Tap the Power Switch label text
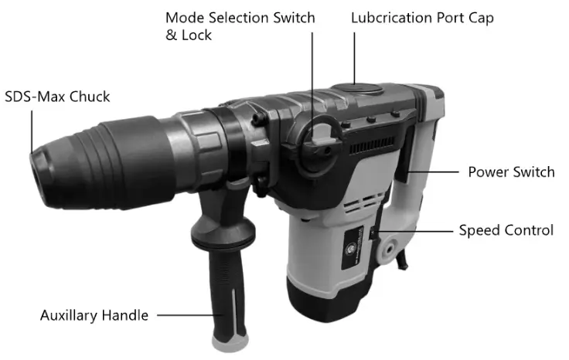[x=511, y=172]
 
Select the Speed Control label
[x=506, y=230]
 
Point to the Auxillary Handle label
[x=94, y=315]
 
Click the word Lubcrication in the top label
[x=394, y=17]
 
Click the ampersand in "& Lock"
[x=172, y=36]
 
